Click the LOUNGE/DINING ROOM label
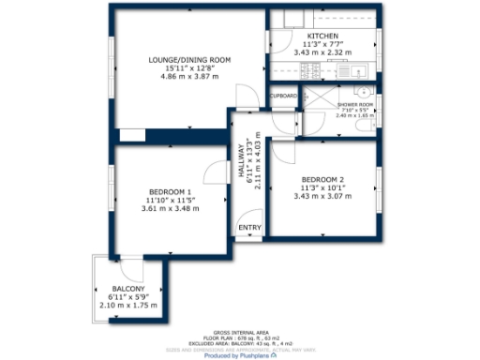[x=189, y=60]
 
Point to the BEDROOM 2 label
[x=322, y=178]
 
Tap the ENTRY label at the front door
[x=248, y=228]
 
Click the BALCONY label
[x=128, y=288]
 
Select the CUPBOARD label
[x=284, y=96]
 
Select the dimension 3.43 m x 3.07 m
[x=322, y=196]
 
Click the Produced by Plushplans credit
[x=240, y=355]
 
